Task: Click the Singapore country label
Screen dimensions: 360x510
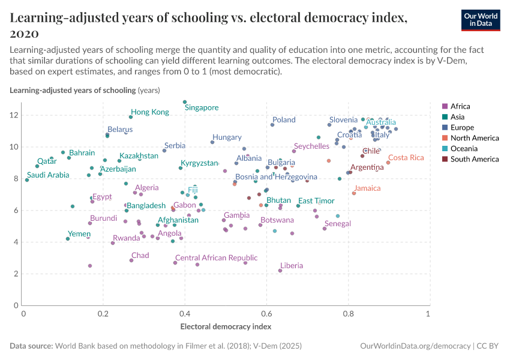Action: (x=202, y=108)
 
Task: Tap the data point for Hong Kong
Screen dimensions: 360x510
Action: (x=131, y=117)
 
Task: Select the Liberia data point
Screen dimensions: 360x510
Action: (x=280, y=271)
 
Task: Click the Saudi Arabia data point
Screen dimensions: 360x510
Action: (x=27, y=179)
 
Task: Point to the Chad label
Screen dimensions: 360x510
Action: (x=140, y=256)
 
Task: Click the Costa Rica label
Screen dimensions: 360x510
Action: (x=406, y=158)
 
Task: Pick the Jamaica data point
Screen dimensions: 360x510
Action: (x=354, y=193)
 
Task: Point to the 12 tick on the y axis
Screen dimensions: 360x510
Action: (x=16, y=115)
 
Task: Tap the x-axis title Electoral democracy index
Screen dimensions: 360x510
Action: (x=226, y=327)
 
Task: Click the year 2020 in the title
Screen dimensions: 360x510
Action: (x=25, y=34)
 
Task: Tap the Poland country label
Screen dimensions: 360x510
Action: (x=284, y=120)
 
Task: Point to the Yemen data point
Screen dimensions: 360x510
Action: (x=68, y=239)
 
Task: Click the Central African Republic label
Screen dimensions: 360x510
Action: (x=216, y=258)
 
